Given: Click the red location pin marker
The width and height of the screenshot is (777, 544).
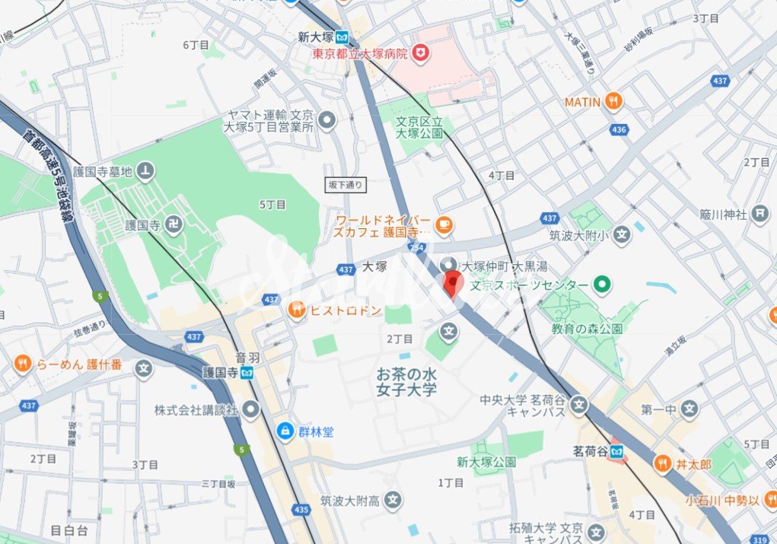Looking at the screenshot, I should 454,285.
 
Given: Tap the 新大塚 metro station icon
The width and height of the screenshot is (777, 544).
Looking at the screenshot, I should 343,37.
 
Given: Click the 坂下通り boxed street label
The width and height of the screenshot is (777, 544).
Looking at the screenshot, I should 346,184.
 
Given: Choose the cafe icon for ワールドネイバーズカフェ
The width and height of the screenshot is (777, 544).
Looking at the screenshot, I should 444,224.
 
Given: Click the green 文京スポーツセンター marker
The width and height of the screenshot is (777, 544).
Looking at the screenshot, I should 603,285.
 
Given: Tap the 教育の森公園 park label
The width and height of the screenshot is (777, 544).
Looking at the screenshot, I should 588,329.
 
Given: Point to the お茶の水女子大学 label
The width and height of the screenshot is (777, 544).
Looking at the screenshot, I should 407,382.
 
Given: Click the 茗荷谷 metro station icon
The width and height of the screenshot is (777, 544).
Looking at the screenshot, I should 619,451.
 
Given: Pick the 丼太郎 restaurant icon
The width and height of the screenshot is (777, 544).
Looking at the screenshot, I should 662,463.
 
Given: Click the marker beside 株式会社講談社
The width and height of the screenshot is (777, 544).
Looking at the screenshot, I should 251,409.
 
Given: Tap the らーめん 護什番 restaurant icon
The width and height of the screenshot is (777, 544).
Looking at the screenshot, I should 24,365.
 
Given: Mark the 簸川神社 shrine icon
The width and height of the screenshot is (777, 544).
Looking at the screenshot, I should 759,215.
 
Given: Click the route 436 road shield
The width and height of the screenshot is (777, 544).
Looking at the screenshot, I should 619,130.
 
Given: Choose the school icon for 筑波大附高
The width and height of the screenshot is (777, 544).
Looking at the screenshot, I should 393,500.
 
